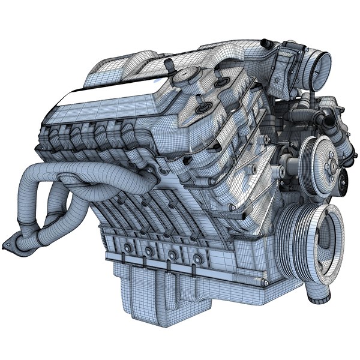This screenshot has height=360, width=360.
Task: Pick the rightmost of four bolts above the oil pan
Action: pyautogui.click(x=196, y=260)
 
